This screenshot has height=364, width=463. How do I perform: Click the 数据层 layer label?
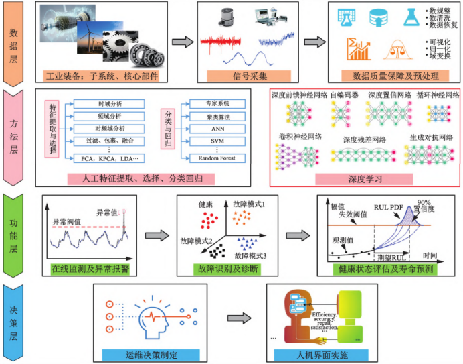tap(15, 42)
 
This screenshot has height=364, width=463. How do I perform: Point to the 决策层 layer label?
tap(15, 322)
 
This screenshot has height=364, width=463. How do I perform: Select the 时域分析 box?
tap(108, 104)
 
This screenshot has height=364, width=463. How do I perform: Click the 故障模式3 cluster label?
tap(251, 255)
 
